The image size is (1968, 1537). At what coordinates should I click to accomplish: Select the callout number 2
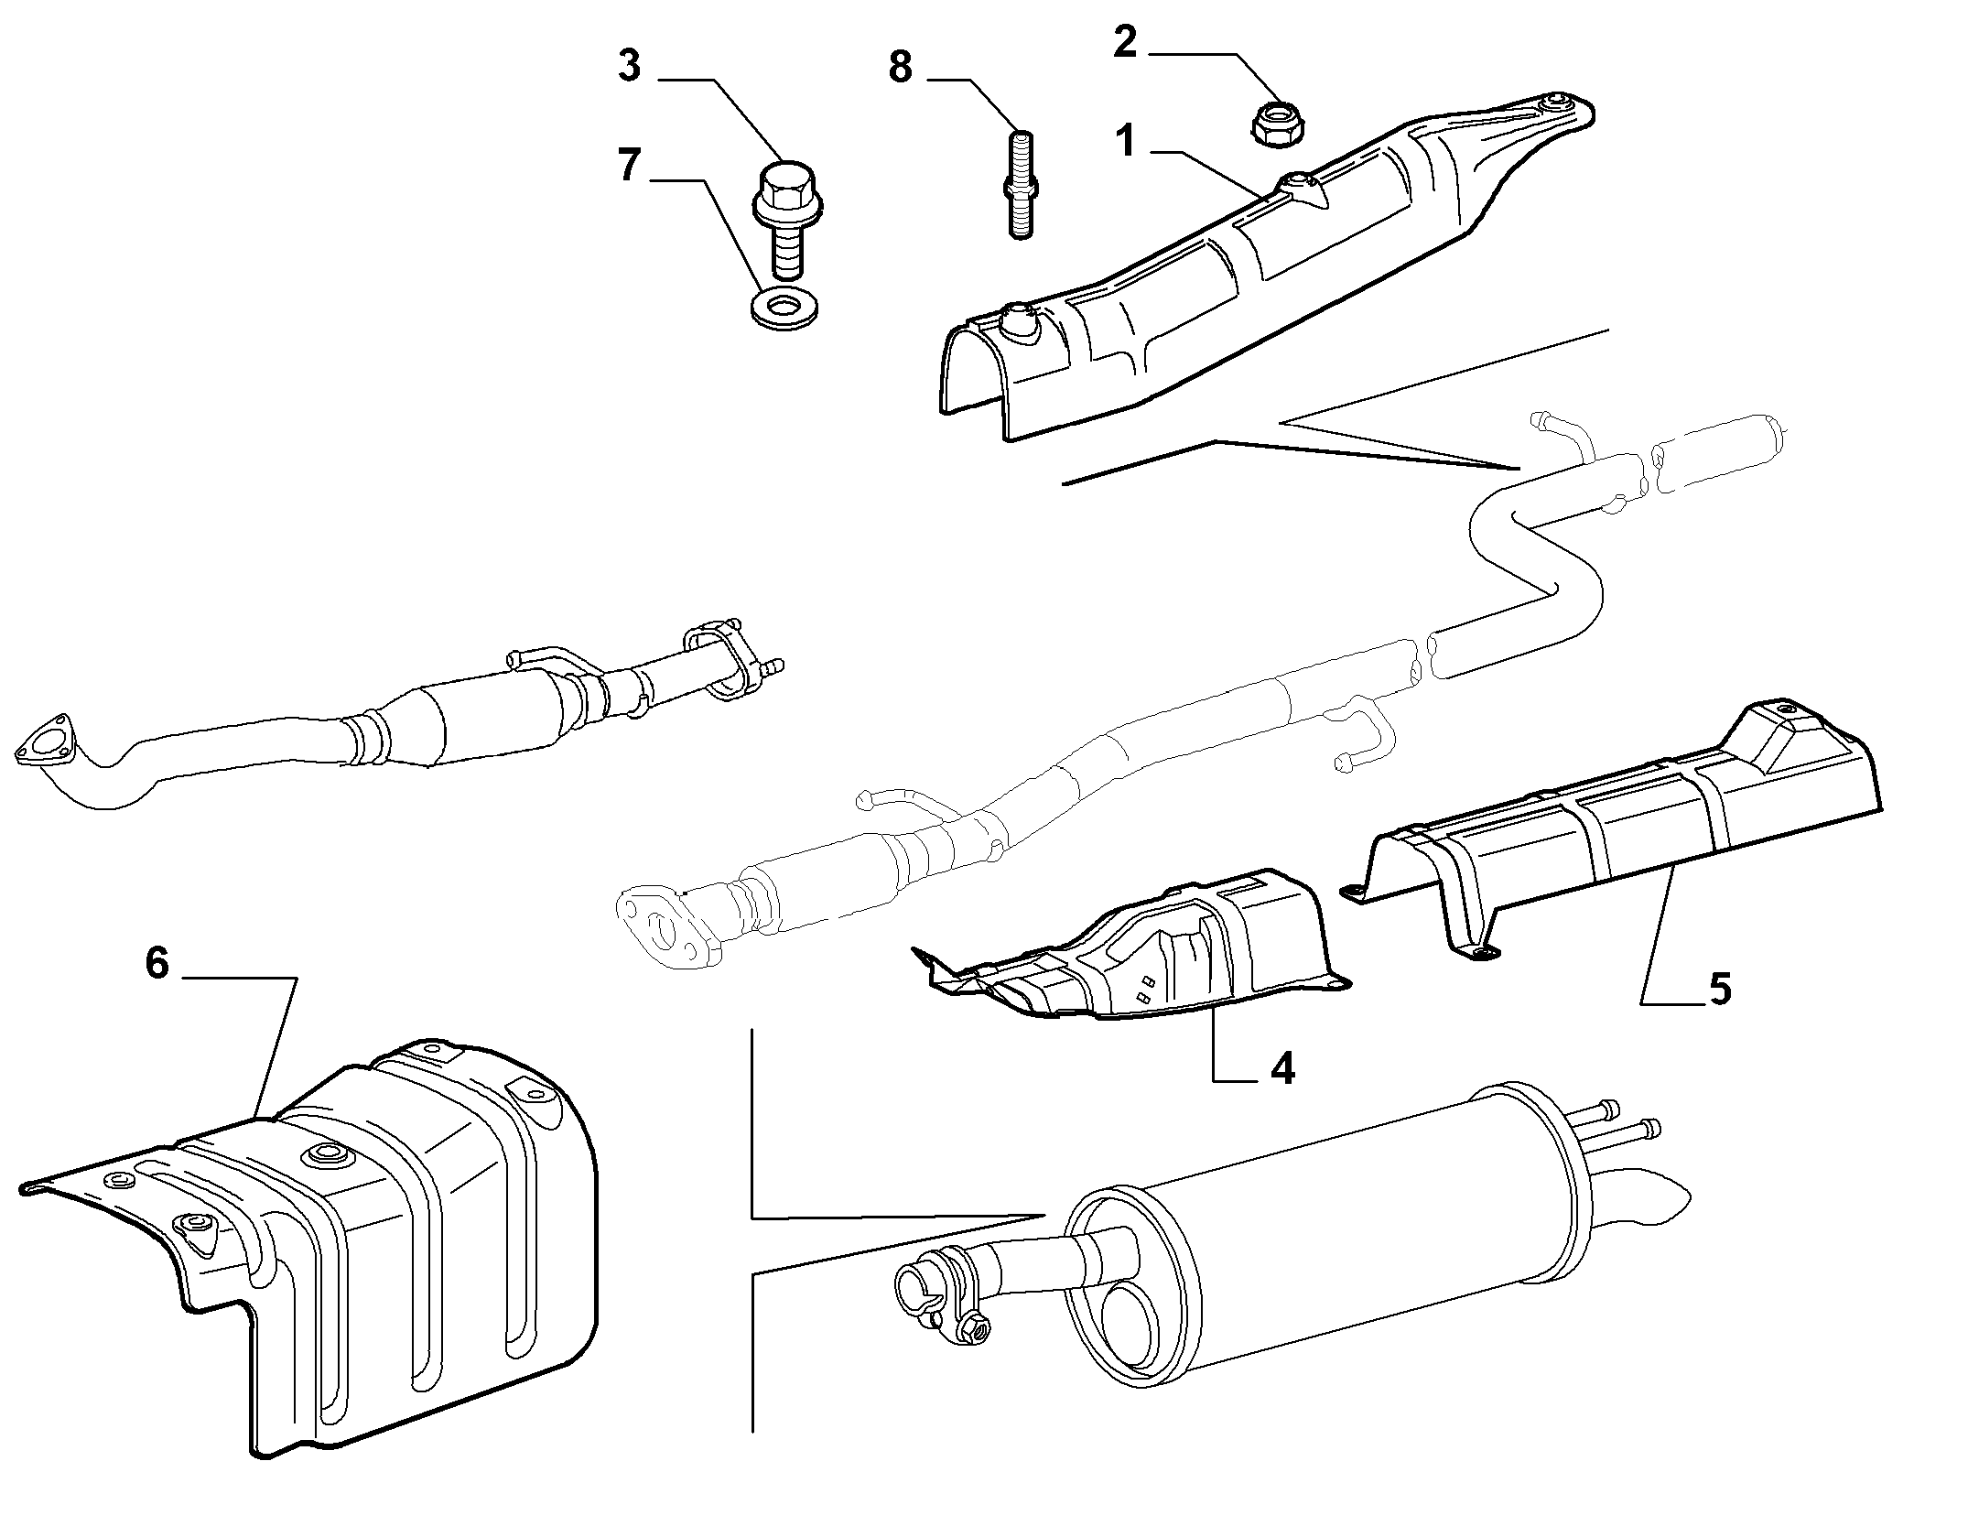(1125, 41)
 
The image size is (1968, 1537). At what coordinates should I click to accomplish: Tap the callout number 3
(629, 66)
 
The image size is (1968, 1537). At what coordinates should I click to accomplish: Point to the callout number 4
(1283, 1067)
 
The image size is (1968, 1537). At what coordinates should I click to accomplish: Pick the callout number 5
(1720, 989)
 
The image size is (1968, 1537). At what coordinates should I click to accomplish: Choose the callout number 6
(157, 962)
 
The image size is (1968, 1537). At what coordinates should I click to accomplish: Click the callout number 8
(901, 66)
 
